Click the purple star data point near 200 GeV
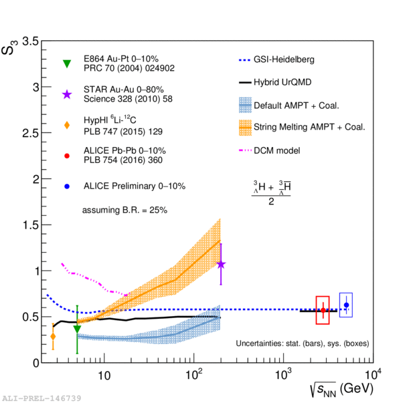click(221, 265)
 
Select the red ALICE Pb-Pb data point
click(323, 310)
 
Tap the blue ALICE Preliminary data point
click(346, 305)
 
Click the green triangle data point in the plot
click(77, 329)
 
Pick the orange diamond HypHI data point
click(53, 336)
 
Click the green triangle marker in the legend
click(66, 63)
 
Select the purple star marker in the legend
click(66, 94)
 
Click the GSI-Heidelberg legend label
click(284, 59)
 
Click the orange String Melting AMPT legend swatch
click(248, 127)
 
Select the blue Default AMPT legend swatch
click(248, 105)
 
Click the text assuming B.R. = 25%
click(124, 210)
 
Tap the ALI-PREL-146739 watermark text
click(41, 398)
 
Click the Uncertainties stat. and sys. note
click(302, 344)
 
